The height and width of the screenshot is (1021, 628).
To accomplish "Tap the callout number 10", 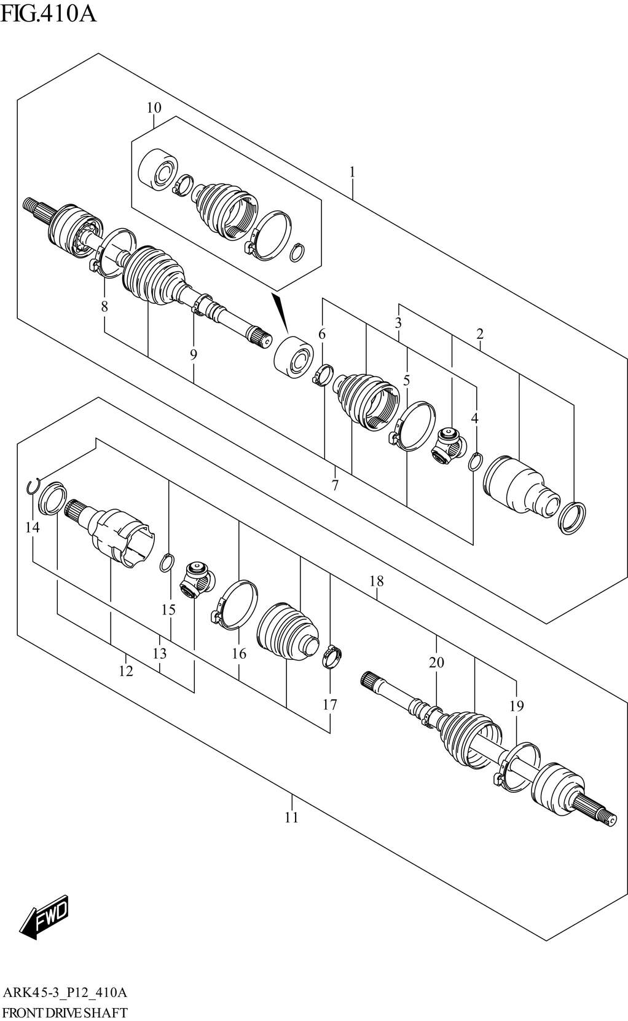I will tap(154, 108).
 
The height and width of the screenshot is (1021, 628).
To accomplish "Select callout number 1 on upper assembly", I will tap(352, 172).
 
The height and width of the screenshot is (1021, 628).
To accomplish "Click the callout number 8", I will tap(104, 306).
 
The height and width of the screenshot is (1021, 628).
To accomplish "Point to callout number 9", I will tap(194, 354).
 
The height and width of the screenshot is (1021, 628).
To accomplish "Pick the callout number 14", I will tap(32, 527).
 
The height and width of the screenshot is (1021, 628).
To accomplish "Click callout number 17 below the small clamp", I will tap(330, 704).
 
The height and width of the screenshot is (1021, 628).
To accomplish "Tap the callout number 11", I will tap(291, 817).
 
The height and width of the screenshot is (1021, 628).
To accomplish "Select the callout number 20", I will tap(436, 662).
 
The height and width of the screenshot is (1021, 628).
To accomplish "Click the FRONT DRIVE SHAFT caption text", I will tap(65, 1012).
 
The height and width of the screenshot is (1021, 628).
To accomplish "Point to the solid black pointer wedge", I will tap(280, 311).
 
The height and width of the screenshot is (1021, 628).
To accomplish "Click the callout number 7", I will tap(335, 485).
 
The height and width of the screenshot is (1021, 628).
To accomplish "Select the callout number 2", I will tap(480, 334).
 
